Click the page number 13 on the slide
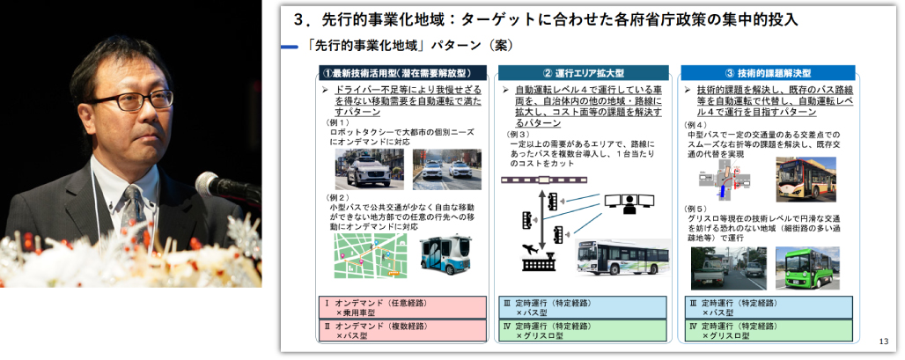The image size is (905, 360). pyautogui.click(x=884, y=342)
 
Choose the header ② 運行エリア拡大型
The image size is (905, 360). pyautogui.click(x=583, y=72)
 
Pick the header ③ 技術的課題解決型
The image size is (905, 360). pyautogui.click(x=767, y=72)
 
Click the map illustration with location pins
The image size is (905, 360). pyautogui.click(x=369, y=255)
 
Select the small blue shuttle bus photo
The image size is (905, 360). pyautogui.click(x=445, y=256)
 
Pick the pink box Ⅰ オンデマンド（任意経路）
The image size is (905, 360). pyautogui.click(x=401, y=307)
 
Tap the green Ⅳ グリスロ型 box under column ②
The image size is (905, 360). pyautogui.click(x=583, y=330)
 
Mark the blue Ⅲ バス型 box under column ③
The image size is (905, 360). pyautogui.click(x=767, y=307)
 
